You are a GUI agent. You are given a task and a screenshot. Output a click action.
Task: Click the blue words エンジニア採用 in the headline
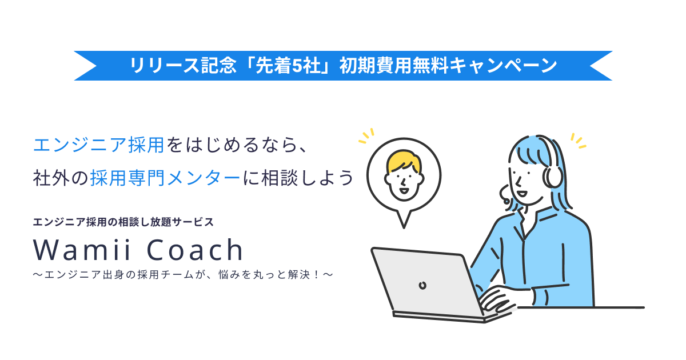click(99, 145)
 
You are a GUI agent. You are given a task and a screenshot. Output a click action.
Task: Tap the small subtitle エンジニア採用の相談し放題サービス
click(123, 222)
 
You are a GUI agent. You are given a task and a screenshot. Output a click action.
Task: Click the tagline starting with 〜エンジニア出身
click(183, 275)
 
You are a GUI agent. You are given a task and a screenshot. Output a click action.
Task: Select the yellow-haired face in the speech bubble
click(404, 174)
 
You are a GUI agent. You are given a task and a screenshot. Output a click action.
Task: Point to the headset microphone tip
click(506, 201)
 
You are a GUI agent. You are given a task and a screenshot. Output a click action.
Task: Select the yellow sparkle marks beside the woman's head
click(579, 140)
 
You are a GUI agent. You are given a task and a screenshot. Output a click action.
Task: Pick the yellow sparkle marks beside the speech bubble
click(366, 136)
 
